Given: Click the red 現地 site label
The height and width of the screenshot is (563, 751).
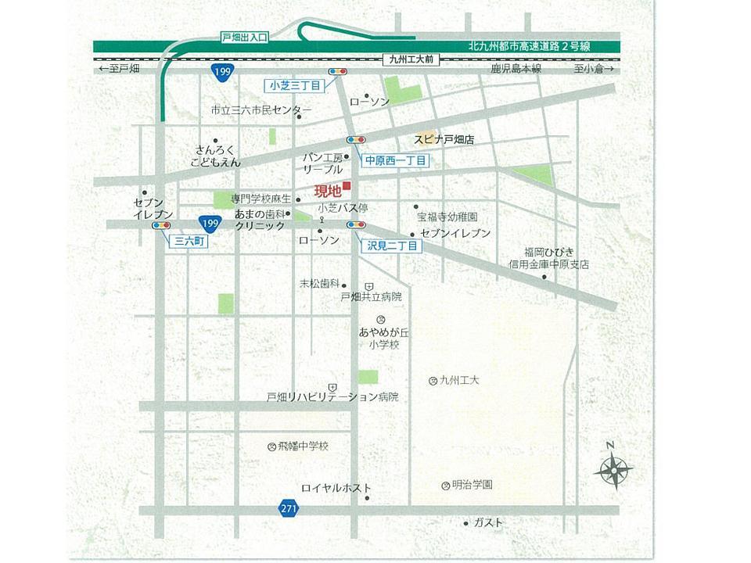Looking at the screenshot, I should pos(327,190).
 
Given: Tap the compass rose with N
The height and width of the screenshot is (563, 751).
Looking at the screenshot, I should pos(613,469).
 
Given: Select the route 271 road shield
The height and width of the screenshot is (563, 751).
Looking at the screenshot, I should pos(289,509).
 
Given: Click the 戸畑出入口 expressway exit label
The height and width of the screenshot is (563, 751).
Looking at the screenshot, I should pos(244,37).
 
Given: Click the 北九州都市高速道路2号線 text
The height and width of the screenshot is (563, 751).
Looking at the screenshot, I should pos(530,46).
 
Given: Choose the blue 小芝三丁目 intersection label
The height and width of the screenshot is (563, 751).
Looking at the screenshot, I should pos(291,84).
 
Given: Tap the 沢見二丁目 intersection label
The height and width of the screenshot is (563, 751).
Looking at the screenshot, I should pos(394,246).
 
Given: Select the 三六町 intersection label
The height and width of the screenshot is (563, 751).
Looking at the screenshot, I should pos(189,242).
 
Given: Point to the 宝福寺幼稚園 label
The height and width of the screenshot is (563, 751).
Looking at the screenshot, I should pos(447,217).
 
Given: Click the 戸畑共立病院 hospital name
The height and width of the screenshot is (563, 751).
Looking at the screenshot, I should pos(371,297).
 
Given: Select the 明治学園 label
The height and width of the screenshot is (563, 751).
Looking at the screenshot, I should pos(472,485).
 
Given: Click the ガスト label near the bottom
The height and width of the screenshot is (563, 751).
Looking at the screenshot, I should pos(489,522).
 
